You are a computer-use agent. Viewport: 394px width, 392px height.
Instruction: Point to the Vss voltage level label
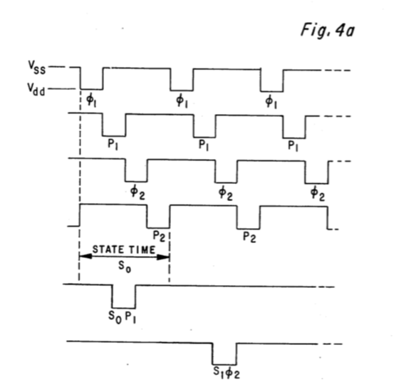point(36,68)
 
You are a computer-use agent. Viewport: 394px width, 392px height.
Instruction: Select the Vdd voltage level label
point(36,91)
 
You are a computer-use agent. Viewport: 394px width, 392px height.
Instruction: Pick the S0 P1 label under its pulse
point(123,314)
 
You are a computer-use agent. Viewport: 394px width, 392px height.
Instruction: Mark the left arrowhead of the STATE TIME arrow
point(83,257)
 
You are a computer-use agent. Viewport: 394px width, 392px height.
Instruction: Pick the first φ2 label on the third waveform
point(135,191)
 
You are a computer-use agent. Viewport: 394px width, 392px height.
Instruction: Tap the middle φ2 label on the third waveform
point(226,191)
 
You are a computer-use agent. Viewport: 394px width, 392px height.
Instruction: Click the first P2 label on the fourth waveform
point(158,232)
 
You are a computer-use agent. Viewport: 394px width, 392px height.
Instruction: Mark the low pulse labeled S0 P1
point(123,296)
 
